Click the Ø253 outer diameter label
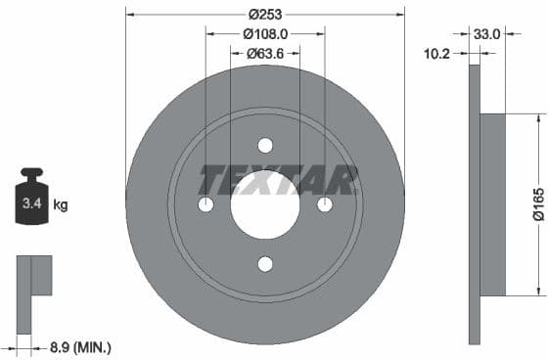click(265, 14)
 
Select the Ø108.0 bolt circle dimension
click(265, 33)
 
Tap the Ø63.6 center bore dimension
click(265, 53)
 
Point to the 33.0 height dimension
click(486, 33)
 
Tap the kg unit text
click(61, 205)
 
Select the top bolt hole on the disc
click(265, 146)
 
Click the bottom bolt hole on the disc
click(265, 264)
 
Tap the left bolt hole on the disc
click(205, 204)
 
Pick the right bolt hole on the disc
click(325, 204)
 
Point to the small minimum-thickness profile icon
click(33, 278)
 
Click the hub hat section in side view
click(493, 204)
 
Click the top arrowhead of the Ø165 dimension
click(537, 118)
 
